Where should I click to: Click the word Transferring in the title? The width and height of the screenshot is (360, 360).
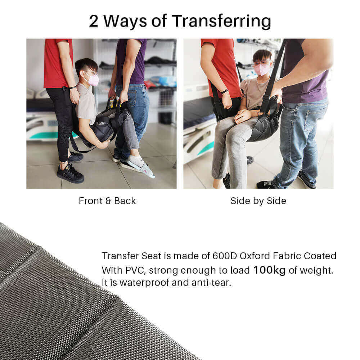(x=221, y=21)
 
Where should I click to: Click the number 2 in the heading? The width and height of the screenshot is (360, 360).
(x=94, y=21)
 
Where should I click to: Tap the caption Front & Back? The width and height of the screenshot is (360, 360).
(x=107, y=201)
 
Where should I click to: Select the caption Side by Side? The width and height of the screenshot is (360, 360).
(x=258, y=201)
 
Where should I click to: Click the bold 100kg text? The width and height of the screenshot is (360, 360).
(x=270, y=270)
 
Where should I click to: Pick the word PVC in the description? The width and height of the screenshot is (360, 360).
(x=135, y=270)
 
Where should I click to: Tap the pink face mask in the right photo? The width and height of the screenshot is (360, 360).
(x=262, y=69)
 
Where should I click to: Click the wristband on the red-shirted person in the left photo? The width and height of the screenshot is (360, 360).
(x=73, y=87)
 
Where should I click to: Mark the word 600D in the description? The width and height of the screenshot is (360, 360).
(x=225, y=256)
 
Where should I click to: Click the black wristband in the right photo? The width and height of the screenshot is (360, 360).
(x=225, y=91)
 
